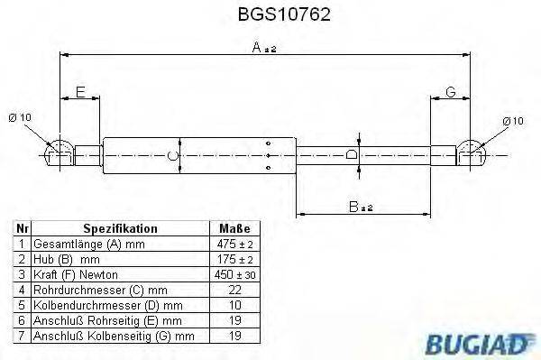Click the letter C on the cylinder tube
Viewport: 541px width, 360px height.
click(174, 157)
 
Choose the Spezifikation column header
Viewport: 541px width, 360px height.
click(120, 230)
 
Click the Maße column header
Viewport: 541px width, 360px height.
click(234, 230)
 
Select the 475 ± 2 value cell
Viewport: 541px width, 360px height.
click(234, 245)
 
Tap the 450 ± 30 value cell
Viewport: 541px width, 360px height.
click(234, 274)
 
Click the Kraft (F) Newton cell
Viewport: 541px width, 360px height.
click(75, 274)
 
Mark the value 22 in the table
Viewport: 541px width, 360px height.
click(234, 290)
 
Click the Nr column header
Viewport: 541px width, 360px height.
click(22, 230)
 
